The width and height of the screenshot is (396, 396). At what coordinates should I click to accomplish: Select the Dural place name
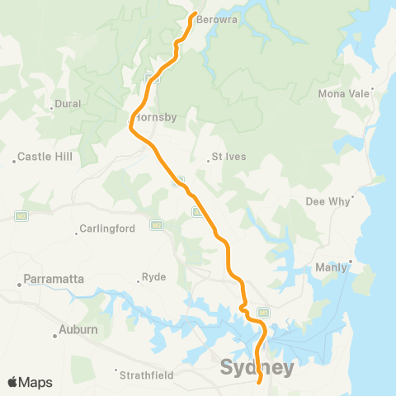point(67,105)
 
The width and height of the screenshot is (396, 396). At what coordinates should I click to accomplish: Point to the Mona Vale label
point(343,93)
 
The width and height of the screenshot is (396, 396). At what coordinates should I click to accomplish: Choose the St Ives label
point(229,156)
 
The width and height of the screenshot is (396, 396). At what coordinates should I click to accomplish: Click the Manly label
point(331,267)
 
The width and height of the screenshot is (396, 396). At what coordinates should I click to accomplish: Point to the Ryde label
point(154,277)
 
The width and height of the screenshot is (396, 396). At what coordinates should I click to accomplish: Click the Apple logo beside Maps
point(13,382)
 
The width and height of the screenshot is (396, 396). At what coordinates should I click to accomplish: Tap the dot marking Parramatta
point(19,285)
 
